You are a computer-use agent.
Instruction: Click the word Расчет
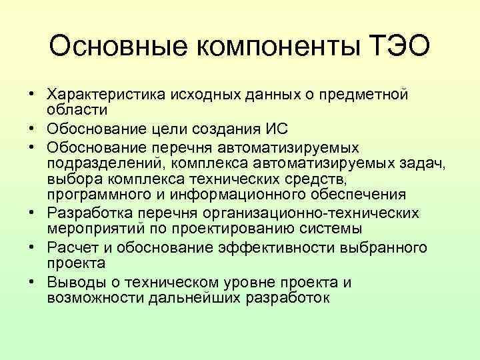69,248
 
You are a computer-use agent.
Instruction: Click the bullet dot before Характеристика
31,95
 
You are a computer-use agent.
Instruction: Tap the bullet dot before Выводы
31,283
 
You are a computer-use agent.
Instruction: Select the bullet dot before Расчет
31,248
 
